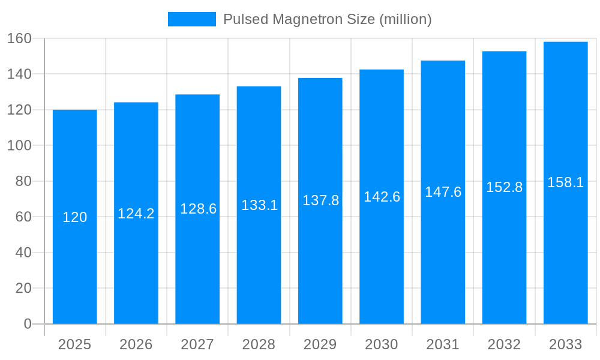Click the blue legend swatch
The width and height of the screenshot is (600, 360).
191,19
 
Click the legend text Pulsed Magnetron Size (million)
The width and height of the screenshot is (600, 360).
327,19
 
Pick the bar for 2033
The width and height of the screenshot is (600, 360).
566,252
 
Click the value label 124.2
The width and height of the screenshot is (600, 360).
136,214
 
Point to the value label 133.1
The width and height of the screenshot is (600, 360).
259,205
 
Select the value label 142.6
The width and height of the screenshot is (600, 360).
382,197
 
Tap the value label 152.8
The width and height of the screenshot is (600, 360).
504,187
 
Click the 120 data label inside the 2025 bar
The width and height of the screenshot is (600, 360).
75,217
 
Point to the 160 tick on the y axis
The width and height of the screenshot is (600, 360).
19,38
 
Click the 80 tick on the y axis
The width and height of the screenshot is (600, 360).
23,181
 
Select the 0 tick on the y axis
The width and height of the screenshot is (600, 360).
28,324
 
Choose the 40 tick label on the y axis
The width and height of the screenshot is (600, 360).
23,253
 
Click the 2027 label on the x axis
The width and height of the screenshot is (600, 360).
197,344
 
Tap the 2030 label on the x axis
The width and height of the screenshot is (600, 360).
382,344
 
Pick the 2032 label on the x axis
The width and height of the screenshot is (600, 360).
504,344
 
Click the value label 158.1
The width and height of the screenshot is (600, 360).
566,182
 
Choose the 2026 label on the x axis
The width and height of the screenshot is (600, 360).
136,344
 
